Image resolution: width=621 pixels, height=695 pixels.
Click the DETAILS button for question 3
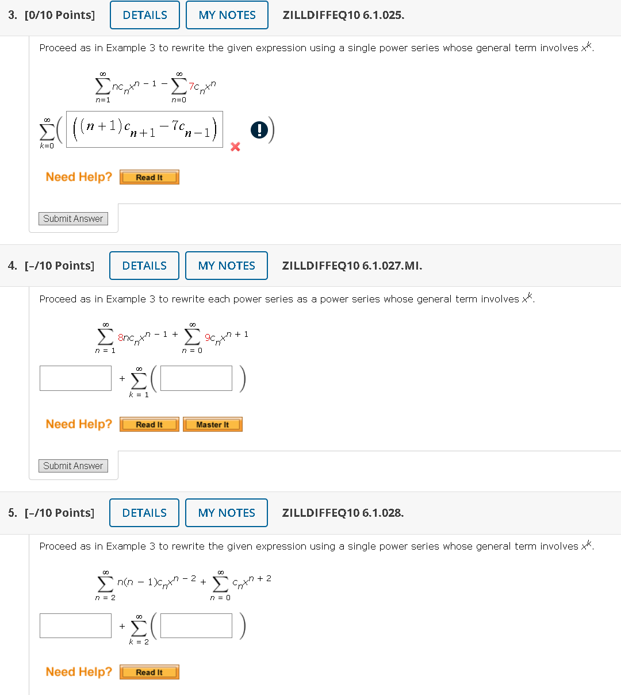145,15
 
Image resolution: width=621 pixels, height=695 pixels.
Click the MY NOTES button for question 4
227,266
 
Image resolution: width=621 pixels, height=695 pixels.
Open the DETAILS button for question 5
144,513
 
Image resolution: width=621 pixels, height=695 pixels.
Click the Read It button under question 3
149,178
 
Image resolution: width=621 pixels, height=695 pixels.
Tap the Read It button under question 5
149,672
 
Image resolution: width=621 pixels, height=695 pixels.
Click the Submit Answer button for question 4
73,466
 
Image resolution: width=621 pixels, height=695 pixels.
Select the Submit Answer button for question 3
73,218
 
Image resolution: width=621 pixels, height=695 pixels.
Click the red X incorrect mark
235,147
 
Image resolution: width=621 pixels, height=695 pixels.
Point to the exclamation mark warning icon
259,130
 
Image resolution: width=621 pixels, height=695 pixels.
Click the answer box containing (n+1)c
144,129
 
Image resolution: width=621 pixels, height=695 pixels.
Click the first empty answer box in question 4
75,378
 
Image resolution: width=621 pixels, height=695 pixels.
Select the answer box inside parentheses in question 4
196,378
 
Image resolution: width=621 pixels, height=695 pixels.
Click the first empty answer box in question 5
75,625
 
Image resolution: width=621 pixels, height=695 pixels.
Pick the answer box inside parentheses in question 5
196,625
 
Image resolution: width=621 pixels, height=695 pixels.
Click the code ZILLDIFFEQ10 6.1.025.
343,16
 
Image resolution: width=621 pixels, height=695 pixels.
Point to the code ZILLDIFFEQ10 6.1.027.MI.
352,266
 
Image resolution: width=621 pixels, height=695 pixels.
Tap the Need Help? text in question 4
79,424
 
